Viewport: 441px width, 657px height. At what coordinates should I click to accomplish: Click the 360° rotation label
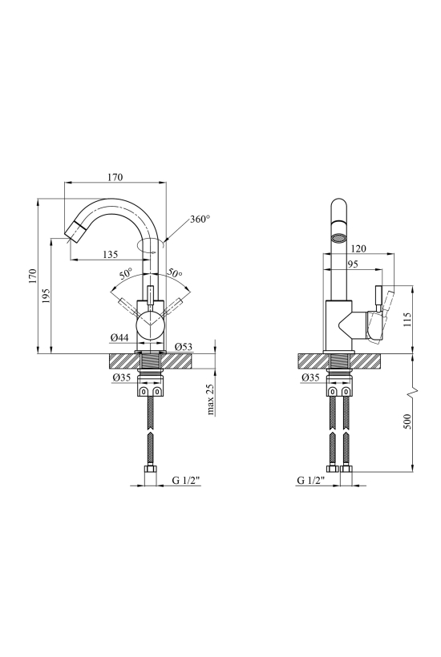pyautogui.click(x=200, y=219)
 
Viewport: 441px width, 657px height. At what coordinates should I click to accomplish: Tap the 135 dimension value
pyautogui.click(x=111, y=254)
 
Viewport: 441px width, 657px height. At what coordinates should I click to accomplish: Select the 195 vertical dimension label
pyautogui.click(x=47, y=296)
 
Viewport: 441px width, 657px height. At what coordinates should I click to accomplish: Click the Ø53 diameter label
pyautogui.click(x=184, y=347)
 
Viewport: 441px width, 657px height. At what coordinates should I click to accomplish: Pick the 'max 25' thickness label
pyautogui.click(x=211, y=399)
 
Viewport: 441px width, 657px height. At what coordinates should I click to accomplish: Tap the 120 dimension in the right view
pyautogui.click(x=358, y=248)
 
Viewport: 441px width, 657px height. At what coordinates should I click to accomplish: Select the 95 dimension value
pyautogui.click(x=353, y=264)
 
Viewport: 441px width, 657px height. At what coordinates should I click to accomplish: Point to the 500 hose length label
pyautogui.click(x=407, y=421)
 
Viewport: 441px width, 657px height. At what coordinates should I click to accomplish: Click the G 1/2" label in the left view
pyautogui.click(x=187, y=480)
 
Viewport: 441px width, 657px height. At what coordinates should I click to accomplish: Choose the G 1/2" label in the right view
pyautogui.click(x=311, y=480)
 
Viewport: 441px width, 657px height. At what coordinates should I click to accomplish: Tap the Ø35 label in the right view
pyautogui.click(x=310, y=377)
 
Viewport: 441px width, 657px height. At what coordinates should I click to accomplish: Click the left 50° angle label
pyautogui.click(x=126, y=274)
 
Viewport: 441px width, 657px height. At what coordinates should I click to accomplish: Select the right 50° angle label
pyautogui.click(x=176, y=272)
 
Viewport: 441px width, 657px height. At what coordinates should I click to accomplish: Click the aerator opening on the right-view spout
pyautogui.click(x=338, y=239)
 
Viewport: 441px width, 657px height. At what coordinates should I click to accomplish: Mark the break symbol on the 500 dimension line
pyautogui.click(x=414, y=391)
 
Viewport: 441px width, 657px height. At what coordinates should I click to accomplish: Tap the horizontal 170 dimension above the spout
pyautogui.click(x=115, y=177)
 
